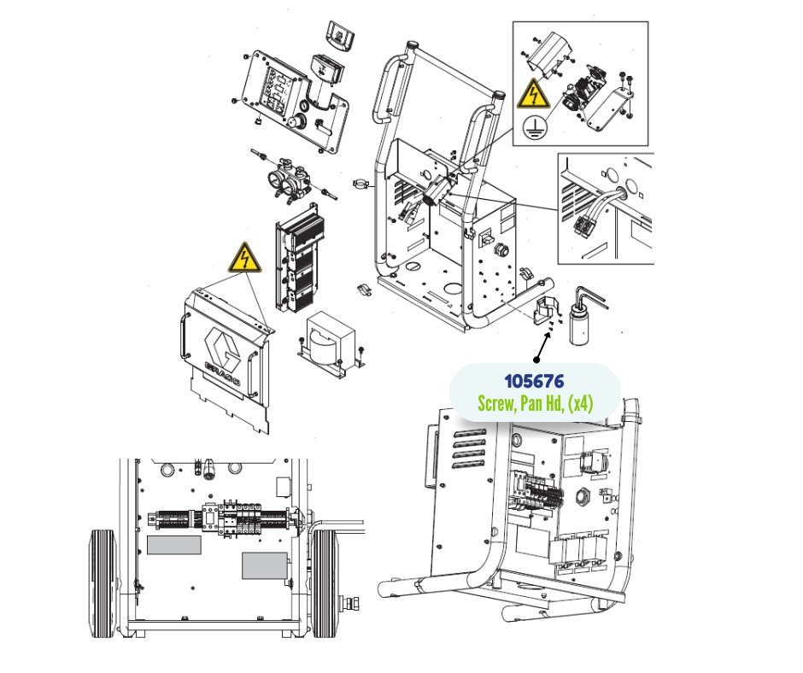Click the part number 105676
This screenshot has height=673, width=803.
pos(534,382)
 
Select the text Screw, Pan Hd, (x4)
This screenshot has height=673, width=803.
pos(535,404)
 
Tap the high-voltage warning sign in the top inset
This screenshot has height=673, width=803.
pos(533,94)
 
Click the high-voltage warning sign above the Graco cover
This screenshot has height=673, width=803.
pos(245,258)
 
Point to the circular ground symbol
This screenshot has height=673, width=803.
pos(535,126)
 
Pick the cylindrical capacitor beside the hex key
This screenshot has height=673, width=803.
pos(579,324)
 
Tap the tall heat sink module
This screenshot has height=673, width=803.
pos(300,258)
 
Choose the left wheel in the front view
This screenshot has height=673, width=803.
pos(103,584)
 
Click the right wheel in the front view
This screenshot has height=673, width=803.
pos(325,584)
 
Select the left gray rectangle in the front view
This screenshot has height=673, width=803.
pos(173,545)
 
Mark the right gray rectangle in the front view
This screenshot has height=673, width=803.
pos(264,566)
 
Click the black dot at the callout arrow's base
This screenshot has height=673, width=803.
pos(536,360)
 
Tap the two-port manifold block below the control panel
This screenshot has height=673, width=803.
pos(290,180)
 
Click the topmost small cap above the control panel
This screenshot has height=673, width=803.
pos(340,35)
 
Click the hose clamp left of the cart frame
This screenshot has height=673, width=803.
pos(362,183)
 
